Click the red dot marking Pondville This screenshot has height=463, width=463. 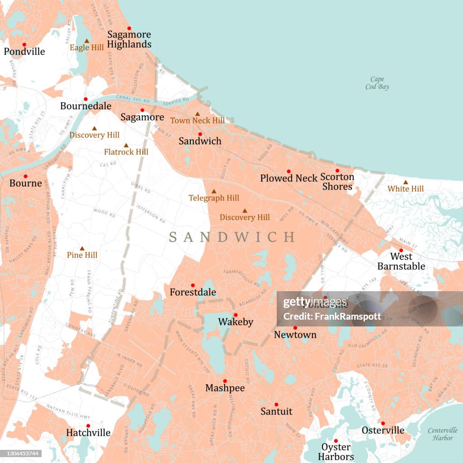point(24,44)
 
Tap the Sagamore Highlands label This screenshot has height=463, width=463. point(129,39)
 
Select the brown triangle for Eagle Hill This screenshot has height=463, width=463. point(86,41)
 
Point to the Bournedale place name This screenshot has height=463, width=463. point(86,106)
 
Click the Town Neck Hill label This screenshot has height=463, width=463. point(197,121)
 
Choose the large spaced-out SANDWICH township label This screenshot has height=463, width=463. point(231,237)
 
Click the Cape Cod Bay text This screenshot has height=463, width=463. point(377,83)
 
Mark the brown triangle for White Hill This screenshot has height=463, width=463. point(405,182)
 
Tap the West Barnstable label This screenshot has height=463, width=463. point(401,261)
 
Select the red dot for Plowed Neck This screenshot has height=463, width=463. point(288,171)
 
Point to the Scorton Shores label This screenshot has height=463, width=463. point(337,182)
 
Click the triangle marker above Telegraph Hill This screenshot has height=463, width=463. point(214,191)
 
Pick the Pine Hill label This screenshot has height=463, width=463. point(82,255)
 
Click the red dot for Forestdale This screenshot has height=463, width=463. point(193,285)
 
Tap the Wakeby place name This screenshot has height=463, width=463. point(235,322)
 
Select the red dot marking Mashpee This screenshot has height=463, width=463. point(225,381)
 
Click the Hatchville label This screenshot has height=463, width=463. point(88,433)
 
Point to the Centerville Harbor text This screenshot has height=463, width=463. point(442,434)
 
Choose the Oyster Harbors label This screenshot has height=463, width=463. point(335,452)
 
